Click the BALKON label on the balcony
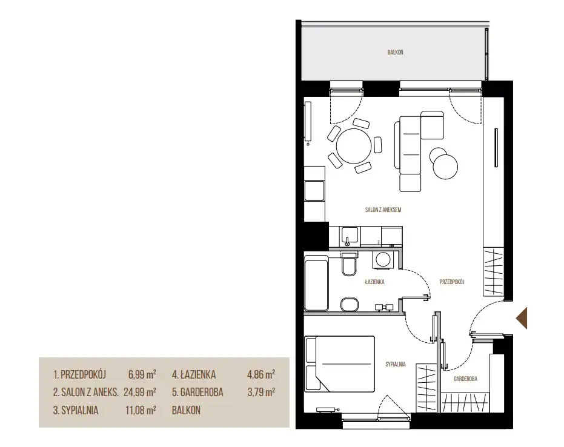pyautogui.click(x=395, y=53)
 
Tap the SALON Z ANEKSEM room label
pyautogui.click(x=383, y=210)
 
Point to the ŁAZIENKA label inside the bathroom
pyautogui.click(x=374, y=282)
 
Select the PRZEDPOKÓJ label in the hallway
pyautogui.click(x=452, y=282)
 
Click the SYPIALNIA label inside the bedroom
pyautogui.click(x=396, y=364)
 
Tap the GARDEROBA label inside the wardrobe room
pyautogui.click(x=465, y=379)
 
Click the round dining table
pyautogui.click(x=354, y=147)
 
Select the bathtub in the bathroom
pyautogui.click(x=316, y=283)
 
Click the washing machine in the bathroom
pyautogui.click(x=382, y=260)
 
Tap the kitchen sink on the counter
pyautogui.click(x=350, y=236)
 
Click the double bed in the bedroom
pyautogui.click(x=339, y=364)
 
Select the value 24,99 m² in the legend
pyautogui.click(x=140, y=392)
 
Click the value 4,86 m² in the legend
pyautogui.click(x=260, y=375)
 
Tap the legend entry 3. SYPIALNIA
pyautogui.click(x=76, y=410)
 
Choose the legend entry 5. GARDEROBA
pyautogui.click(x=197, y=392)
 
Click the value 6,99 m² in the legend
pyautogui.click(x=142, y=375)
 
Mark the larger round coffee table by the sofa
pyautogui.click(x=445, y=167)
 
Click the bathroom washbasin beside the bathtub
pyautogui.click(x=349, y=304)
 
